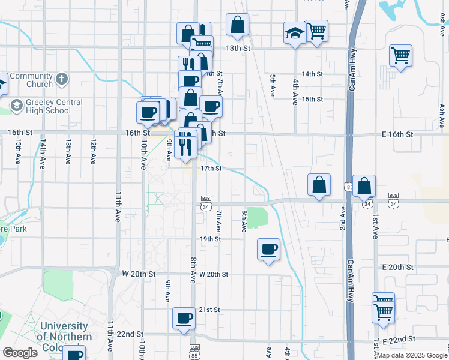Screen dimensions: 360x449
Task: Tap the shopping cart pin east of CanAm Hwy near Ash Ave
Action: tap(400, 56)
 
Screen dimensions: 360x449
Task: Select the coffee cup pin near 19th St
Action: tap(268, 249)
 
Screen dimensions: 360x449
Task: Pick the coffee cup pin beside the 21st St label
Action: tap(184, 319)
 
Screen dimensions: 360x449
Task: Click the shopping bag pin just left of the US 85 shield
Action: tap(319, 185)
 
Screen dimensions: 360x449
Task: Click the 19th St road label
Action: tap(211, 239)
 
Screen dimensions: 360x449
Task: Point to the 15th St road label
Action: tap(312, 99)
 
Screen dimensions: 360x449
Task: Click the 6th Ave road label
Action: tap(244, 221)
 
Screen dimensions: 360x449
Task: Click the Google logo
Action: tap(20, 353)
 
